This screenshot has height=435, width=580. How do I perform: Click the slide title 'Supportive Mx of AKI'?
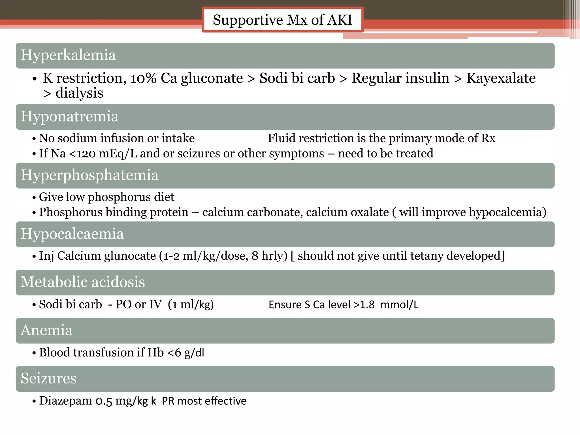[x=282, y=20]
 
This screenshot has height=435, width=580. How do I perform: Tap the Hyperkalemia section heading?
[x=68, y=55]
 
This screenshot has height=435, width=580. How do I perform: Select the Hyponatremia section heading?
[x=69, y=116]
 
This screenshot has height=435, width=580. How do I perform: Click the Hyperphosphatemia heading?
[x=89, y=175]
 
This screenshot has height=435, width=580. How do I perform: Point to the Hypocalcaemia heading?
[x=72, y=234]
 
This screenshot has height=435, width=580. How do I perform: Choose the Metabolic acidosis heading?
[x=83, y=282]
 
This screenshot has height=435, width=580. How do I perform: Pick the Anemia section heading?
[x=46, y=330]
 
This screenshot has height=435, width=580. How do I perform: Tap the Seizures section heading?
[x=48, y=378]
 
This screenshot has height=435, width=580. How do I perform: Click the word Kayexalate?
[x=501, y=78]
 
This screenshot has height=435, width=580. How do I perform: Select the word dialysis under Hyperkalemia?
[x=79, y=93]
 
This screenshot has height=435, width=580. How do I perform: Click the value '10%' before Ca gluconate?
[x=143, y=78]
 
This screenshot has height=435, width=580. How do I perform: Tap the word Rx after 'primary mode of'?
[x=488, y=138]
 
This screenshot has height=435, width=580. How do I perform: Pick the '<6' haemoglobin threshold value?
[x=174, y=353]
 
